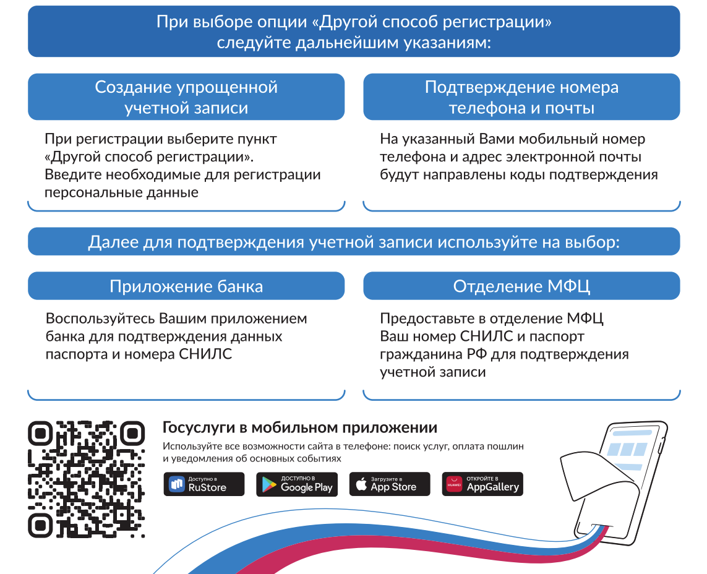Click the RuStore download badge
coord(204,484)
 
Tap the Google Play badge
coord(297,484)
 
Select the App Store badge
coord(390,484)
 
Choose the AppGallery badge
coord(482,484)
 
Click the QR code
coord(86,479)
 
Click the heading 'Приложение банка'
coord(186,286)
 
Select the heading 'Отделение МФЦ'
coord(521,286)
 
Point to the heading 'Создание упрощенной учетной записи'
coord(186,97)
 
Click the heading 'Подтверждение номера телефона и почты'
coord(521,97)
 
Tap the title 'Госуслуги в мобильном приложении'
coord(300,427)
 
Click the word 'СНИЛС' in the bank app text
coord(205,354)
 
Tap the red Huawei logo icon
coord(454,484)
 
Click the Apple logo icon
coord(361,484)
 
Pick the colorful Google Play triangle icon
coord(268,485)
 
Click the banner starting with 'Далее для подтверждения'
coord(354,242)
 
